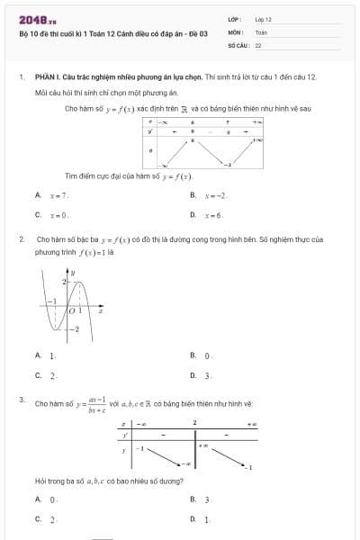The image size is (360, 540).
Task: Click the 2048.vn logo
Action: [38, 18]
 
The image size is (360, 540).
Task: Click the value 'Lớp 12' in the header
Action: [264, 18]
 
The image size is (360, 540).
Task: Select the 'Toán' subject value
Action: [262, 31]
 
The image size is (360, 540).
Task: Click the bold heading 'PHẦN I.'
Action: [46, 78]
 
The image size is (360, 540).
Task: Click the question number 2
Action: [21, 239]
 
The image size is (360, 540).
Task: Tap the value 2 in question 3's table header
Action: [194, 422]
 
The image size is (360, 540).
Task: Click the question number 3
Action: [21, 398]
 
